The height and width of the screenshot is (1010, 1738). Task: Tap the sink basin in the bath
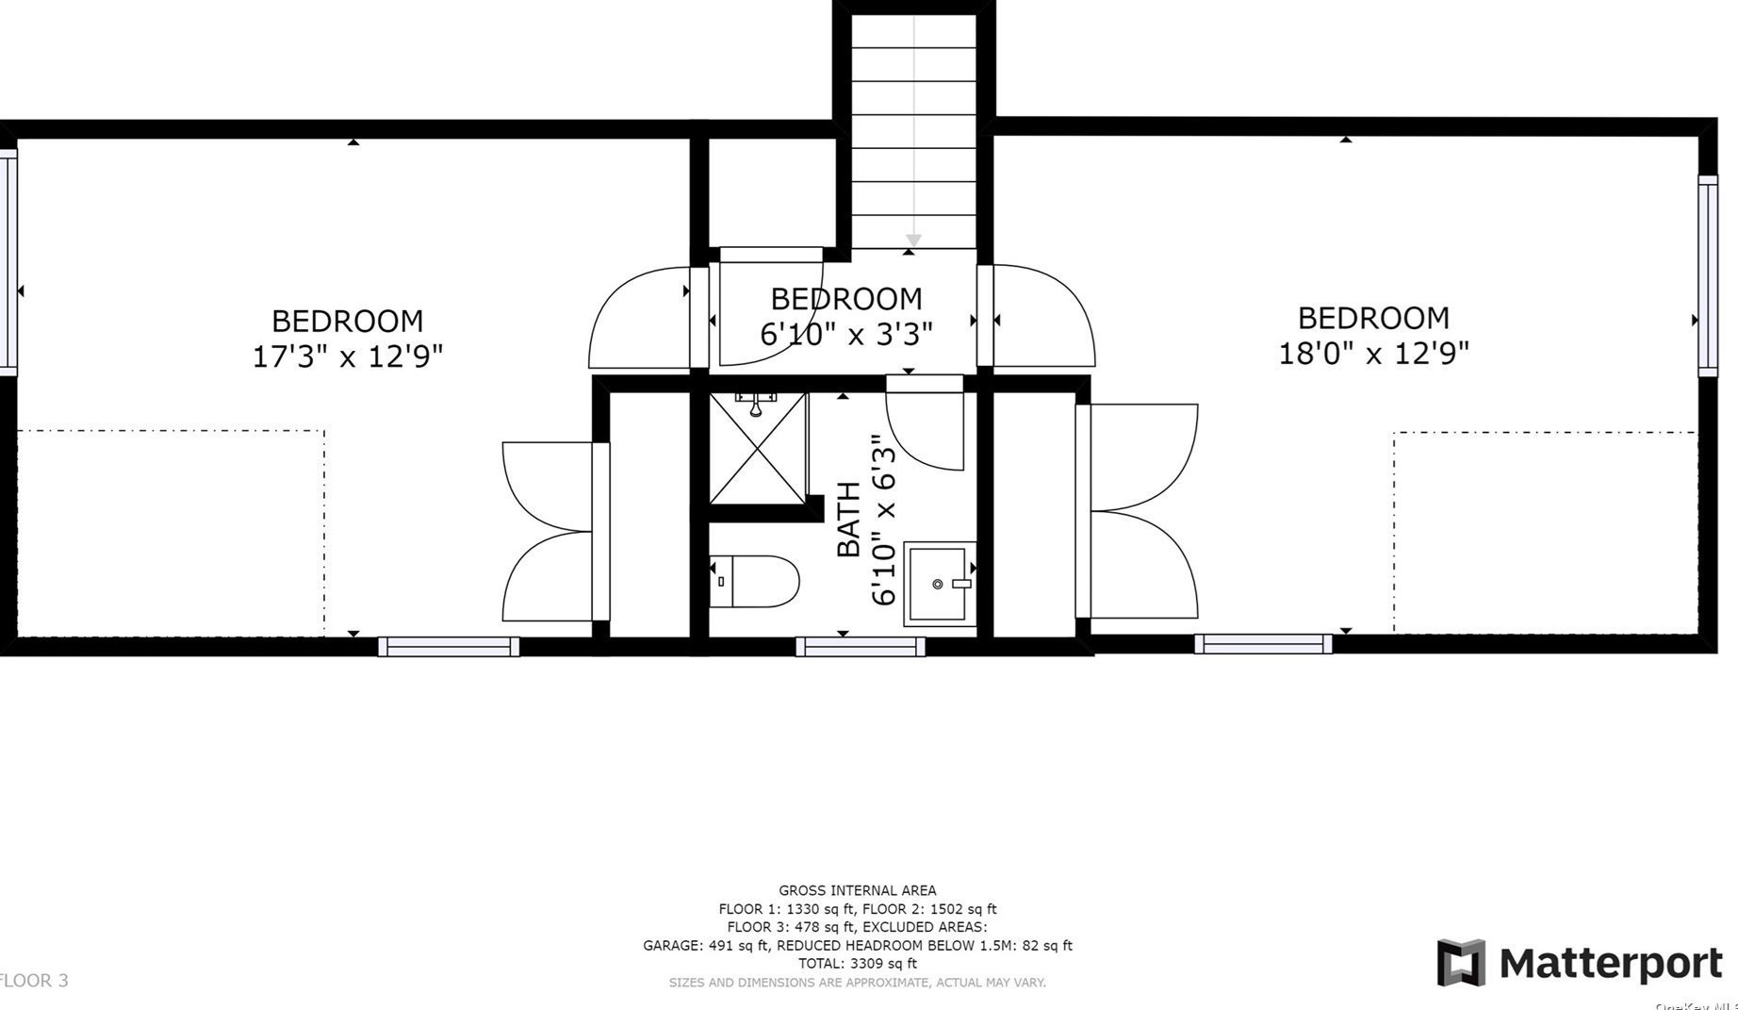pos(939,584)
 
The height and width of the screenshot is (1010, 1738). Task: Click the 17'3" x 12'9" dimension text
pos(347,356)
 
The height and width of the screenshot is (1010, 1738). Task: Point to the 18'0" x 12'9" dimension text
pos(1373,354)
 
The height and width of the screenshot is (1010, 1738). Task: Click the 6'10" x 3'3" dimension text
pos(845,334)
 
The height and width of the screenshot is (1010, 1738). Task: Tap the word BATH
pos(849,520)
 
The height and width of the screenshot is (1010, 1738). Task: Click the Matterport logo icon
pos(1460,963)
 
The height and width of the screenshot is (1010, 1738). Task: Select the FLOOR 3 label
pos(34,981)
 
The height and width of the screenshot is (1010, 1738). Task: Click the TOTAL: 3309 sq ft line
pos(857,964)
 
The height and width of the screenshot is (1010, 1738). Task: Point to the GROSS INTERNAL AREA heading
pos(857,890)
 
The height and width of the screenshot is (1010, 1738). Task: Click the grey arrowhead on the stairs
pos(913,240)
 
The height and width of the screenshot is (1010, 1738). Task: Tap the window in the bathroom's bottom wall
pos(860,646)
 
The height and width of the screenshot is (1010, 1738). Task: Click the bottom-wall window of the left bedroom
pos(449,646)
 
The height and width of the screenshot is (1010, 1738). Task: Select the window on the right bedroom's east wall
pos(1708,275)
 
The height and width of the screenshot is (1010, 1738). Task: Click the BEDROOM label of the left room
pos(347,321)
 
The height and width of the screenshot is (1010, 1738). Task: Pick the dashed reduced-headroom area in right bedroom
pos(1546,533)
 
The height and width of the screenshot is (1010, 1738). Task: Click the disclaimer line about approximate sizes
pos(857,983)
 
